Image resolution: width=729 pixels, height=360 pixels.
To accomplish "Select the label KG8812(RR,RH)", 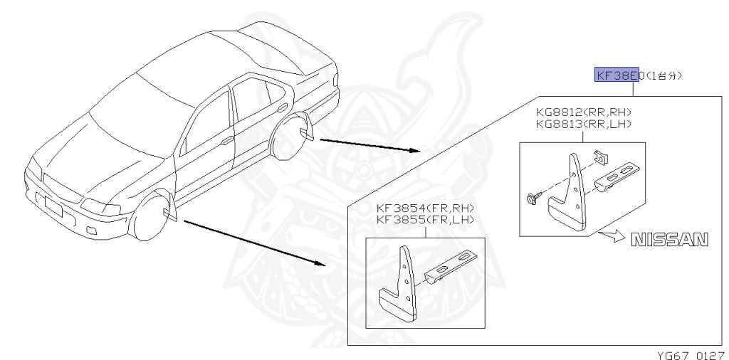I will point(583,112).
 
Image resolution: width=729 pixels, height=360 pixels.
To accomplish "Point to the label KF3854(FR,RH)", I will point(425,208).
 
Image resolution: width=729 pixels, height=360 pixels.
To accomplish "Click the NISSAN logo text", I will point(670,240).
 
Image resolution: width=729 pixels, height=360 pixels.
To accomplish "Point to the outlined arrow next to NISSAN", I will point(609,238).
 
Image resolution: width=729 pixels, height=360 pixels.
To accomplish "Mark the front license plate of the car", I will point(54,206).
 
